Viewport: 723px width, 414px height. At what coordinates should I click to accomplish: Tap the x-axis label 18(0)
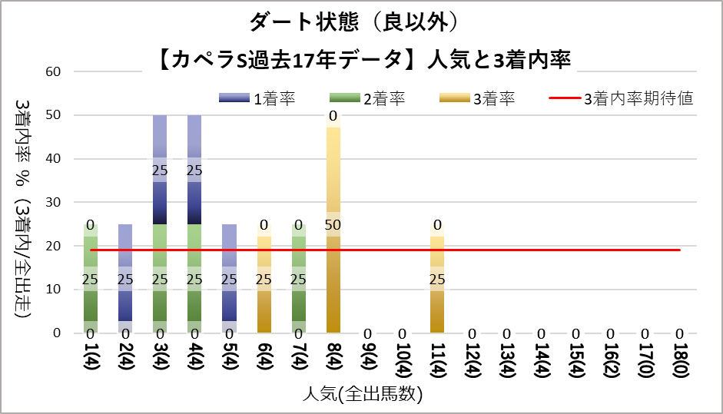pyautogui.click(x=680, y=359)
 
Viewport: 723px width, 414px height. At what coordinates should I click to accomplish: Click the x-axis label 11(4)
pyautogui.click(x=437, y=359)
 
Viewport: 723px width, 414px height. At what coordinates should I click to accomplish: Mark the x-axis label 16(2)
pyautogui.click(x=611, y=359)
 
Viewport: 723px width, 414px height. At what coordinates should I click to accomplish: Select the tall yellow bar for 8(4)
pyautogui.click(x=333, y=230)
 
